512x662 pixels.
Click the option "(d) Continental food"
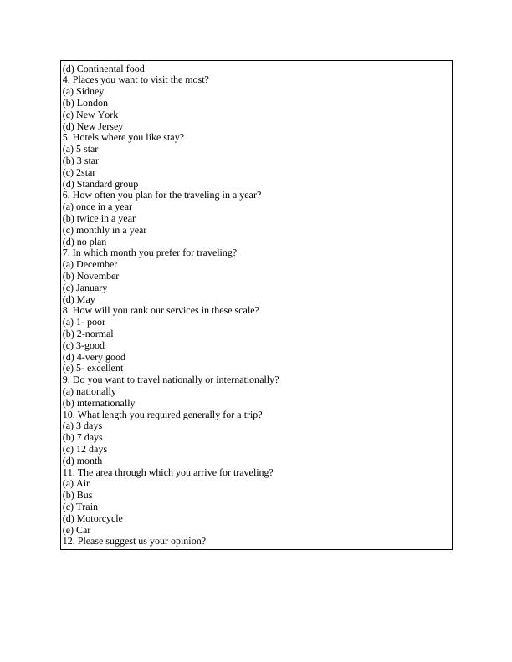(103, 69)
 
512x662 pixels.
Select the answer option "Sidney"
(90, 92)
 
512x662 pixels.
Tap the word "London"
(92, 104)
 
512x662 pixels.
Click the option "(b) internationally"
(99, 403)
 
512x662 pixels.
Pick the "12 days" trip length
(91, 450)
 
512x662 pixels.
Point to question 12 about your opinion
(134, 542)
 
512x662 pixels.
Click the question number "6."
(66, 196)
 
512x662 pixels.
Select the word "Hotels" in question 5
(87, 138)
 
